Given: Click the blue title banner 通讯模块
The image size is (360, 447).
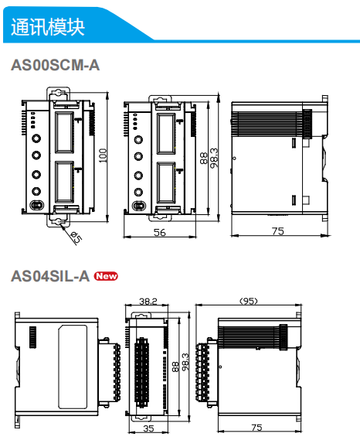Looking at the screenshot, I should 48,26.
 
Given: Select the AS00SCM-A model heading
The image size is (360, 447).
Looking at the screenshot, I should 55,66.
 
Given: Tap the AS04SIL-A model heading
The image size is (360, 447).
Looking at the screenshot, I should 49,276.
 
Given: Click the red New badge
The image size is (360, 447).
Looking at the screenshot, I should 106,276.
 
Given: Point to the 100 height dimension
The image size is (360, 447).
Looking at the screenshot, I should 103,155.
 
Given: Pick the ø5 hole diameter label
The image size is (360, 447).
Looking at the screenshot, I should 76,238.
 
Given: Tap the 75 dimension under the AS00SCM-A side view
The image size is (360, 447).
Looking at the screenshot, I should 278,231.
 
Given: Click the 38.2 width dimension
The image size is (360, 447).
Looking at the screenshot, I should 148,301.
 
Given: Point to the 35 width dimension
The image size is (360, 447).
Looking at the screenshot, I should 148,427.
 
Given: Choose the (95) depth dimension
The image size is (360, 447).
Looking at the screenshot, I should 248,301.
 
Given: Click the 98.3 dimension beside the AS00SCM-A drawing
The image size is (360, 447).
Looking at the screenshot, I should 214,157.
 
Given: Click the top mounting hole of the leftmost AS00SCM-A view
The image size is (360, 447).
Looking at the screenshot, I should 59,94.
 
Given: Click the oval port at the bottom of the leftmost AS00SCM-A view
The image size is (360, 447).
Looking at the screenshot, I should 36,206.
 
